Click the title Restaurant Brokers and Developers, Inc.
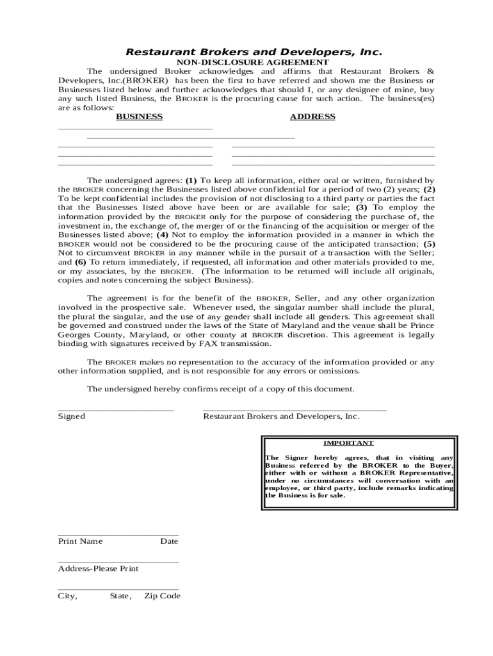(x=253, y=51)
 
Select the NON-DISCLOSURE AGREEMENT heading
(x=253, y=62)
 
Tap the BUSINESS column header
(x=139, y=117)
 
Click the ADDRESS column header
(x=312, y=117)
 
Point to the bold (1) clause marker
(x=191, y=181)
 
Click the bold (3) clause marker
(x=362, y=208)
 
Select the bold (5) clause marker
(x=429, y=243)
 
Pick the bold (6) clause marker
(x=80, y=262)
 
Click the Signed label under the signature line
(x=71, y=416)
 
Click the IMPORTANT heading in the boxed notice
(x=348, y=443)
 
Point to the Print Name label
(x=80, y=541)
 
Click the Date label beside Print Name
(x=169, y=541)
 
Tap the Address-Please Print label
(x=98, y=568)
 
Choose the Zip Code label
(x=162, y=596)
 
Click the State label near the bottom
(x=120, y=596)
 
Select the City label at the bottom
(x=67, y=596)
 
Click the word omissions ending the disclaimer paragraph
(x=337, y=371)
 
